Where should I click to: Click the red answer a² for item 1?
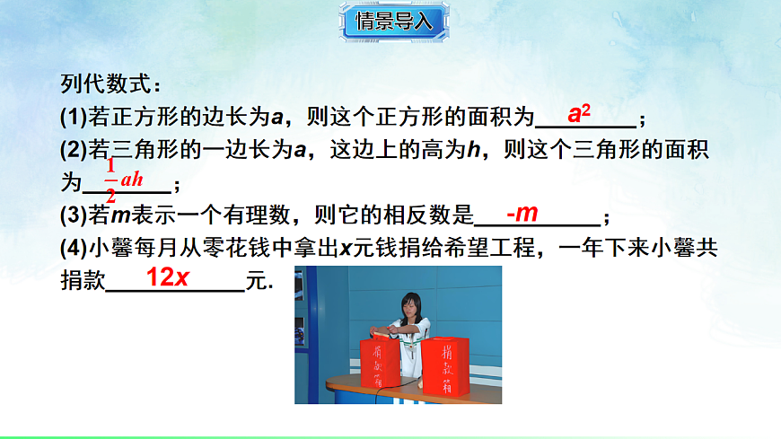tap(579, 114)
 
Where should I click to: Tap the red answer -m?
tap(522, 214)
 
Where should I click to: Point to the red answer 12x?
tap(167, 278)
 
